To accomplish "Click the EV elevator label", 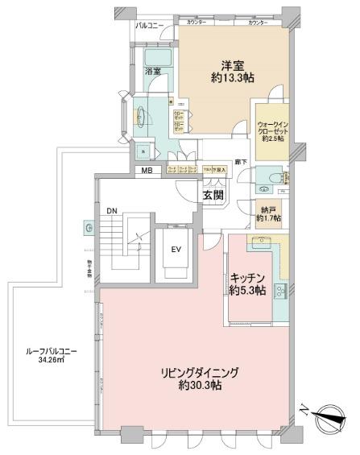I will click(x=175, y=248).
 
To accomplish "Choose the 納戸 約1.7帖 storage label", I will click(x=267, y=213).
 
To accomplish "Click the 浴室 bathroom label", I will click(x=152, y=72).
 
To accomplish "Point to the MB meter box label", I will click(x=147, y=170).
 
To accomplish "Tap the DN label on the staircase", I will click(x=112, y=211).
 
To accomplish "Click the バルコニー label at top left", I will click(x=150, y=27).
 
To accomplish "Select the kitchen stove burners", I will click(x=280, y=292).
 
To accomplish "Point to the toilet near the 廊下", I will click(x=276, y=177).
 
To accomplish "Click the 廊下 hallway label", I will click(x=239, y=162).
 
